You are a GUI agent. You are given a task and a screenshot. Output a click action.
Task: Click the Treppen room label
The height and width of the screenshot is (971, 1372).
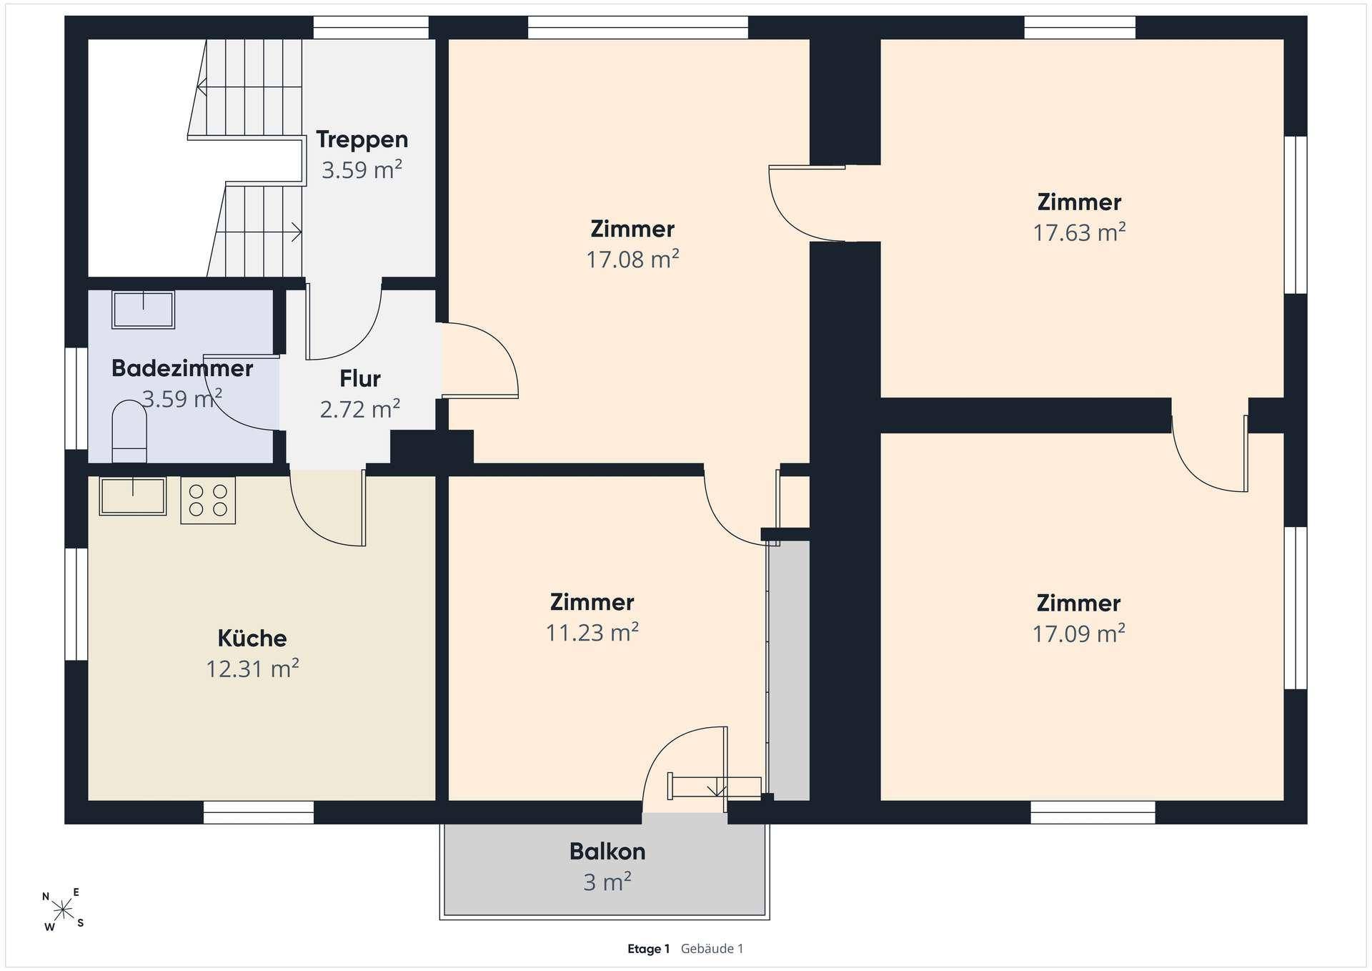click(x=362, y=139)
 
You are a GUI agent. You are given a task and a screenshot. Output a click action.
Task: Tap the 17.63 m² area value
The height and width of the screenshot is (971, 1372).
click(x=1079, y=232)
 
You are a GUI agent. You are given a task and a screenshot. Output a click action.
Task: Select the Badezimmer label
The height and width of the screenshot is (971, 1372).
click(x=182, y=368)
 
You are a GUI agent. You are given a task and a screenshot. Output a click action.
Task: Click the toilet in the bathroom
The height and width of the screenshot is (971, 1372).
click(x=129, y=431)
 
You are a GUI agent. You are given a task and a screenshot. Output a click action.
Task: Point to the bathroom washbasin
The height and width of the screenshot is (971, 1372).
click(x=144, y=310)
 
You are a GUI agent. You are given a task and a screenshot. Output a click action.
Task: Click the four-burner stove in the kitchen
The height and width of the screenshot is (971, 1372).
click(x=208, y=501)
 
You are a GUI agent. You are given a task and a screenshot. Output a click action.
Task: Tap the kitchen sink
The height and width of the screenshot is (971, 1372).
click(x=133, y=496)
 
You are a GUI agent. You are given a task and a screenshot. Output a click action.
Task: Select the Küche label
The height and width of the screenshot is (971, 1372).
click(x=252, y=638)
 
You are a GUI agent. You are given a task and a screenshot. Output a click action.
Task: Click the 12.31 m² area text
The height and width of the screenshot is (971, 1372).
click(x=252, y=669)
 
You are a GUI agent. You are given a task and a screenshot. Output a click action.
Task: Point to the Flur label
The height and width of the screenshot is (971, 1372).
click(x=360, y=378)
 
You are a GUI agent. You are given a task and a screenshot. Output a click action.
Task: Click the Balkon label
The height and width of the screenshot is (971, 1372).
click(x=607, y=852)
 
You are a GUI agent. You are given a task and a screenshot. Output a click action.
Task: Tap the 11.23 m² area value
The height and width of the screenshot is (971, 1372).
click(x=592, y=633)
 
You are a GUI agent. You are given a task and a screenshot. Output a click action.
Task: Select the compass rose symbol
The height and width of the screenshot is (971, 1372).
click(x=64, y=910)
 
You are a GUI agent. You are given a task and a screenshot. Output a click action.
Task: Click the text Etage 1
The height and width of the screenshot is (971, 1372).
click(x=649, y=949)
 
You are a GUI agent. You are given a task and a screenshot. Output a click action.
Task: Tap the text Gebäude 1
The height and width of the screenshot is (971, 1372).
click(x=712, y=949)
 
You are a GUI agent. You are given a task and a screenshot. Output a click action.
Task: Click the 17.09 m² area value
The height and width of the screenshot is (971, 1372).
click(x=1079, y=634)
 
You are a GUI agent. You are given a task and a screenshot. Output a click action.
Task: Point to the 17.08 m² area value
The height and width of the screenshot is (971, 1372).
click(x=632, y=259)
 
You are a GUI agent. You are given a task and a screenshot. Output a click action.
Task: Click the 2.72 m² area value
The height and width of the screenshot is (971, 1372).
click(x=360, y=409)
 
